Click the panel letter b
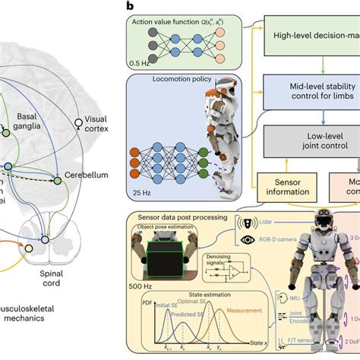tap(131, 5)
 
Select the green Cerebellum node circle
tap(57, 180)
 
